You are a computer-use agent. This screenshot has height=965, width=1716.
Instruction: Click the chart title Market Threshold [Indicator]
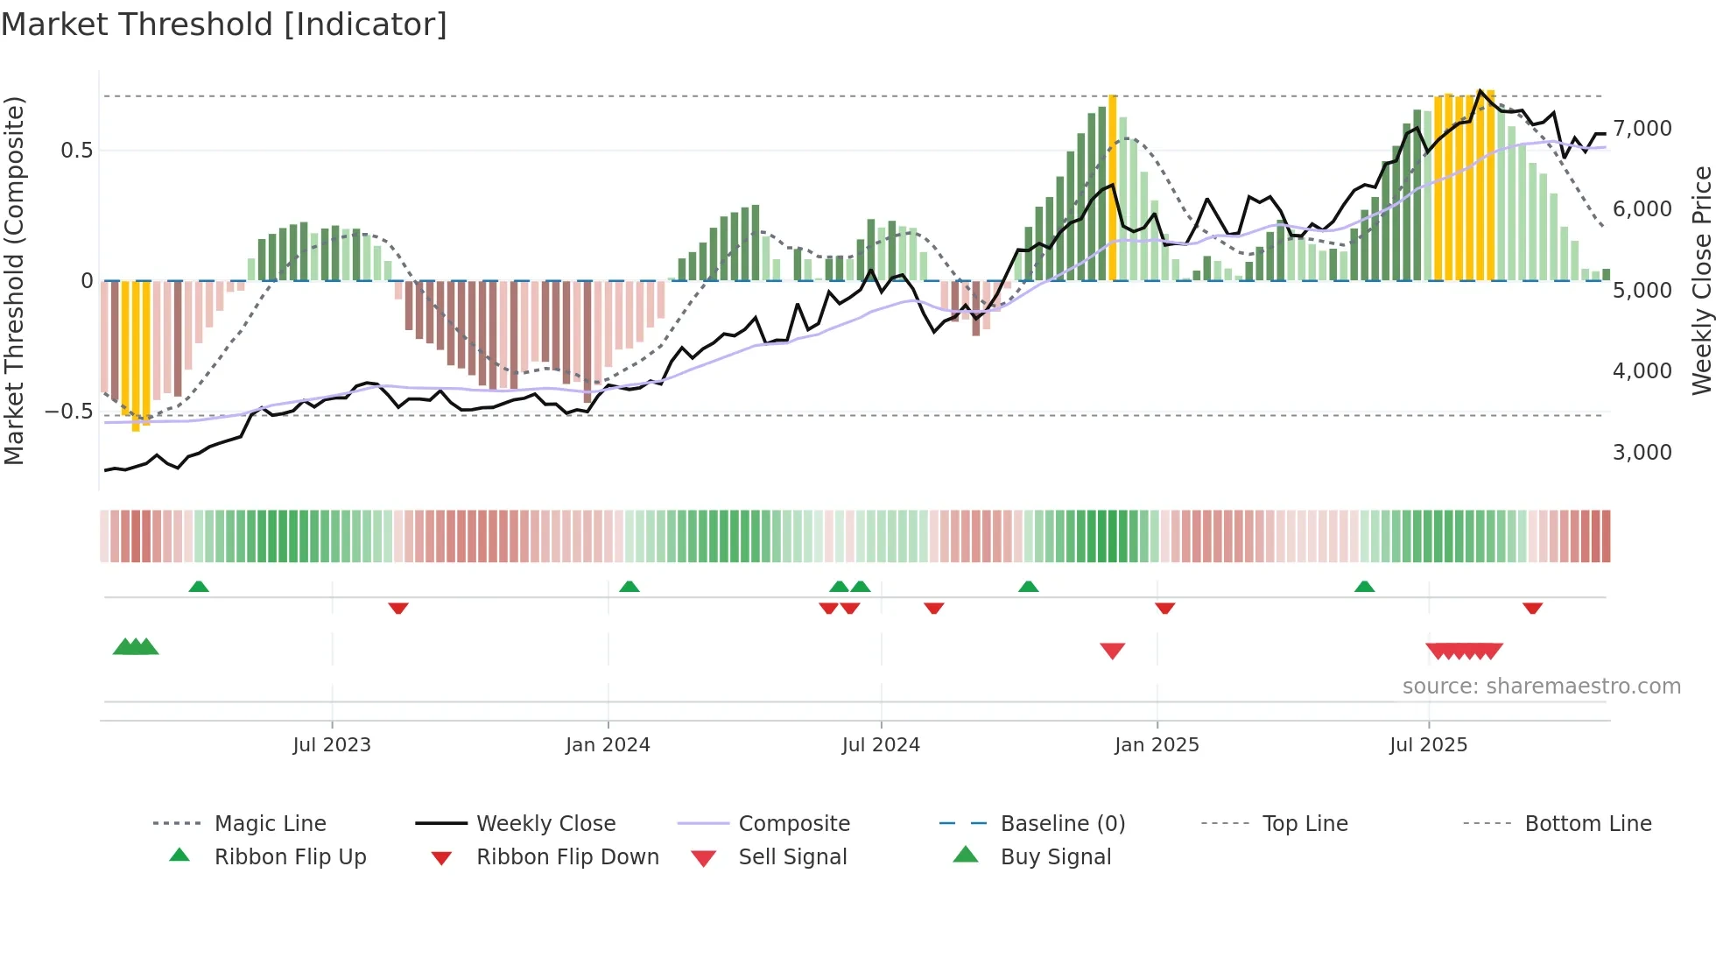click(224, 25)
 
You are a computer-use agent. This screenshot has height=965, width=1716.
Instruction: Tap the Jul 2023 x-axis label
click(331, 745)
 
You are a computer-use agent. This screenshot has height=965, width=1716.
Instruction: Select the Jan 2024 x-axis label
click(608, 745)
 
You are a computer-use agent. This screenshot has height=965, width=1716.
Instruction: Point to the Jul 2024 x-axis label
click(881, 745)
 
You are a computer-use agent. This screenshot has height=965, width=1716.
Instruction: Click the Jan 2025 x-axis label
click(1157, 745)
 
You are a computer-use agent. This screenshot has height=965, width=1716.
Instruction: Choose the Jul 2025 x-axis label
click(1428, 745)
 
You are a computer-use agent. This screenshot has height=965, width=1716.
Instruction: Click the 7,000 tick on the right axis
click(1642, 129)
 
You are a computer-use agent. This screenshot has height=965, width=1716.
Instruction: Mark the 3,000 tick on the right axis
click(1642, 453)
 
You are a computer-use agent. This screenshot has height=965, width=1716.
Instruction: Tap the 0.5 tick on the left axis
click(76, 151)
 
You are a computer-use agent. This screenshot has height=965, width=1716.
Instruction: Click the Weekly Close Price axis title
click(1701, 280)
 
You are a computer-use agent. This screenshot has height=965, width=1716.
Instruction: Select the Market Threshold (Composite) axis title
click(14, 280)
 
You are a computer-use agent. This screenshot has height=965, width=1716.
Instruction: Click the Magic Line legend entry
click(270, 824)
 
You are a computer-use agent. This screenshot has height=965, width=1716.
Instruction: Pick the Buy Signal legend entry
click(1055, 857)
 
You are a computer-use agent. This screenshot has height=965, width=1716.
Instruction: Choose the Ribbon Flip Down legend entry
click(566, 857)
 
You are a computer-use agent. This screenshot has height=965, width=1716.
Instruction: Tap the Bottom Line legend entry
click(1587, 824)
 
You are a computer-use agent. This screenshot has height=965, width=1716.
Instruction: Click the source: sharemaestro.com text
click(1541, 687)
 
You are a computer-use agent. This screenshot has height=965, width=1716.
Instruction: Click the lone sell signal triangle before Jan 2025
click(1112, 650)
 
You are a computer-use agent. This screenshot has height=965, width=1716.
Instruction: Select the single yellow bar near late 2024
click(1113, 187)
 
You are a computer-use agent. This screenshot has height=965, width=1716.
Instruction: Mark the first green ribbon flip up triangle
click(199, 587)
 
